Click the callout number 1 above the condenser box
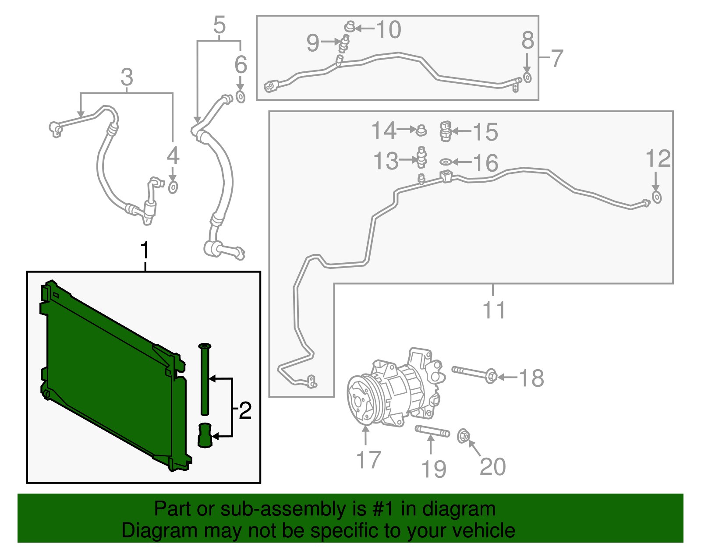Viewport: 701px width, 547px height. (145, 251)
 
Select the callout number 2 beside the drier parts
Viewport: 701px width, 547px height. (245, 411)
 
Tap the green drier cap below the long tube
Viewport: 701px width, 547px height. (205, 435)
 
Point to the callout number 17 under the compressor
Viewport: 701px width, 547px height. (368, 460)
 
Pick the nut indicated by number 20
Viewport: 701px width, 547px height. (464, 436)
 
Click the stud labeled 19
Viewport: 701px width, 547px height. (432, 431)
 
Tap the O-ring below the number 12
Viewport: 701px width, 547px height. (656, 197)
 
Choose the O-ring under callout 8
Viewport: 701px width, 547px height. (528, 78)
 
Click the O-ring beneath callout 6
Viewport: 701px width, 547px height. (241, 97)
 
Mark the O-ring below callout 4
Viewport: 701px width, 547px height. (173, 187)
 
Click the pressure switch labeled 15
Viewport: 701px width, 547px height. (445, 131)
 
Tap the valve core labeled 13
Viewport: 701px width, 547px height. (421, 157)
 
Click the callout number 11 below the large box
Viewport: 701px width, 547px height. (494, 310)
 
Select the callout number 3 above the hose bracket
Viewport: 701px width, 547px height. (127, 78)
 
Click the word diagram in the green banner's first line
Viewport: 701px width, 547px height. (459, 509)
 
